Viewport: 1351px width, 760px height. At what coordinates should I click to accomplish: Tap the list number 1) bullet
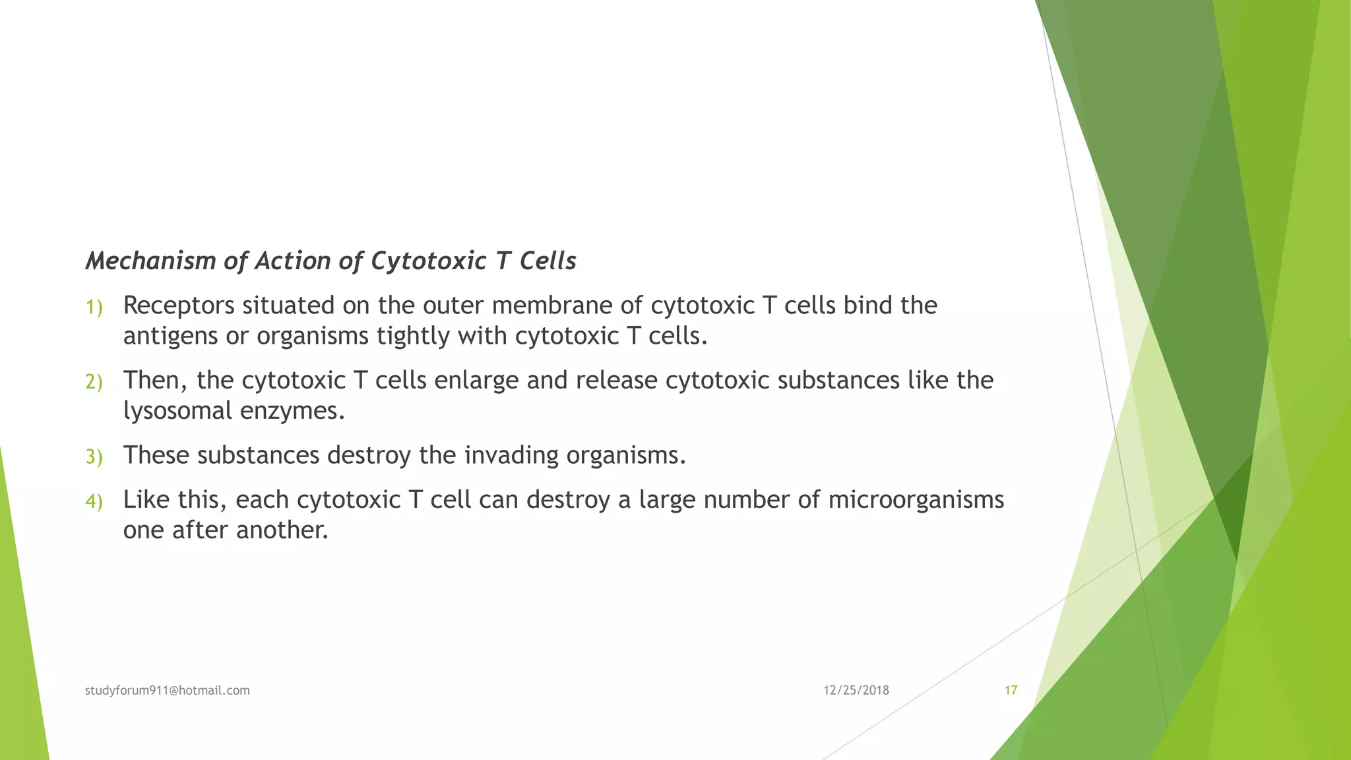coord(94,307)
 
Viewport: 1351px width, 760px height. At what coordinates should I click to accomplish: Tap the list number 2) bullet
coord(94,382)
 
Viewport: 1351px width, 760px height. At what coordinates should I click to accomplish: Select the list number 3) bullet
coord(94,457)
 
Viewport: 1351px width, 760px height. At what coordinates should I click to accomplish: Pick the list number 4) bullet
coord(94,501)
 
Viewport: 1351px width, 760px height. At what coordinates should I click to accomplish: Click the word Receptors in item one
coord(179,305)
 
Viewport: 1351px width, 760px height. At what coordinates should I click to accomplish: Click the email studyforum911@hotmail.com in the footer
coord(168,690)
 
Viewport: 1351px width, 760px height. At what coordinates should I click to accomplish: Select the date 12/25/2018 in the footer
coord(856,690)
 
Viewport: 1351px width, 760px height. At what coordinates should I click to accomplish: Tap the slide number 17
coord(1011,690)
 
